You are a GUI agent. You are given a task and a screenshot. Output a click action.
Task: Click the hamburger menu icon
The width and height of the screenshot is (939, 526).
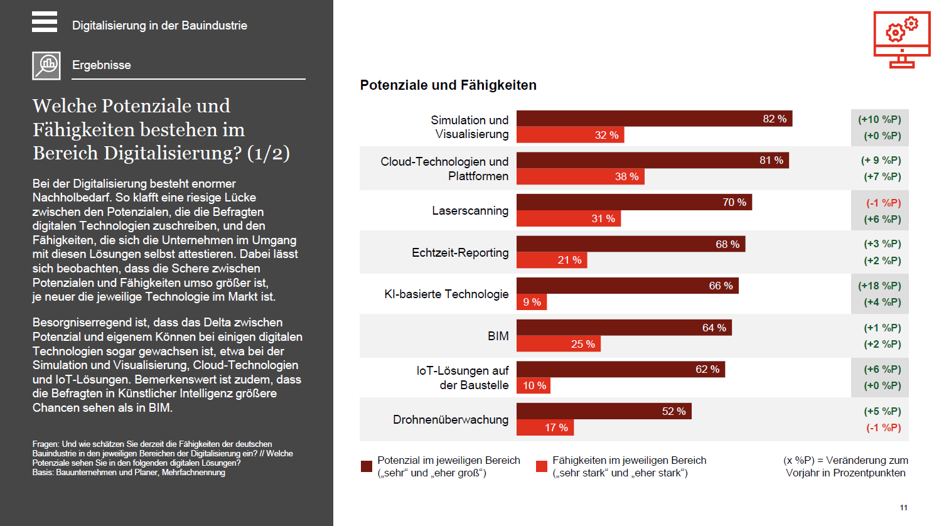pyautogui.click(x=45, y=21)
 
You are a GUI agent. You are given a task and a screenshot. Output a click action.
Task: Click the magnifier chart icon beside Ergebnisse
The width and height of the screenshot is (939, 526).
pyautogui.click(x=46, y=65)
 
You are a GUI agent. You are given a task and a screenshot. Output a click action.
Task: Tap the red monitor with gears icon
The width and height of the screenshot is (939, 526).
pyautogui.click(x=902, y=40)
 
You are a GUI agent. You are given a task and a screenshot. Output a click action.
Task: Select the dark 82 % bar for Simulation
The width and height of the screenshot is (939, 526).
pyautogui.click(x=653, y=119)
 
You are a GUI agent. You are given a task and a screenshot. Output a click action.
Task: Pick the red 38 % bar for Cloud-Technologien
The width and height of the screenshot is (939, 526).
pyautogui.click(x=580, y=176)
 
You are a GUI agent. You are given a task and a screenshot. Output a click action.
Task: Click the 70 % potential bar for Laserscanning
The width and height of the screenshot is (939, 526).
pyautogui.click(x=633, y=202)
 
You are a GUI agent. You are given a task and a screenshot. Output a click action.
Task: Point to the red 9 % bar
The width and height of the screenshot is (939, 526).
pyautogui.click(x=532, y=302)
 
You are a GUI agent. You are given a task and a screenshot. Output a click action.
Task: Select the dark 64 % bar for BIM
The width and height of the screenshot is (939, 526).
pyautogui.click(x=624, y=328)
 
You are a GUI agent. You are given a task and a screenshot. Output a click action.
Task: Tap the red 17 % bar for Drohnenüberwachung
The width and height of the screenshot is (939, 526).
pyautogui.click(x=545, y=427)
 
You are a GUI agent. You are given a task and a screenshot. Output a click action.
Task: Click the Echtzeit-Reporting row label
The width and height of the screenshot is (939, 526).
pyautogui.click(x=460, y=252)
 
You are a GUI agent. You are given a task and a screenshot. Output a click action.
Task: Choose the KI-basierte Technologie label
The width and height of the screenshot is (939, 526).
pyautogui.click(x=446, y=294)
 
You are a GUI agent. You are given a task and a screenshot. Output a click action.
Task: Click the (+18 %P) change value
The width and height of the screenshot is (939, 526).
pyautogui.click(x=879, y=286)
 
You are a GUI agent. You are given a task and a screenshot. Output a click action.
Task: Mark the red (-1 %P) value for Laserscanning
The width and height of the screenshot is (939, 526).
pyautogui.click(x=883, y=203)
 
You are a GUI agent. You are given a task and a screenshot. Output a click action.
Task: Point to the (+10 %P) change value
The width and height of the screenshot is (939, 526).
pyautogui.click(x=879, y=119)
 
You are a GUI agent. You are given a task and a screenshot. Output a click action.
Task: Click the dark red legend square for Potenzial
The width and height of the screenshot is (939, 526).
pyautogui.click(x=367, y=466)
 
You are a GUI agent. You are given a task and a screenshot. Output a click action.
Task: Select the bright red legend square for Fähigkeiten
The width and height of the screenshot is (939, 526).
pyautogui.click(x=542, y=466)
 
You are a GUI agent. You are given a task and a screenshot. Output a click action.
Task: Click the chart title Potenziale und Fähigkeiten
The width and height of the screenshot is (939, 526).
pyautogui.click(x=448, y=85)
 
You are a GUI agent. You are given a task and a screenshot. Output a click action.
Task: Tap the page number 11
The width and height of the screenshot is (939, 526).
pyautogui.click(x=903, y=508)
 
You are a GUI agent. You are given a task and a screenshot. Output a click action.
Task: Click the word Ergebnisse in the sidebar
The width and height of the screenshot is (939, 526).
pyautogui.click(x=102, y=65)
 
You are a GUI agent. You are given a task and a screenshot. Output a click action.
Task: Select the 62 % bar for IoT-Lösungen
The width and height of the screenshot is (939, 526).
pyautogui.click(x=620, y=369)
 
